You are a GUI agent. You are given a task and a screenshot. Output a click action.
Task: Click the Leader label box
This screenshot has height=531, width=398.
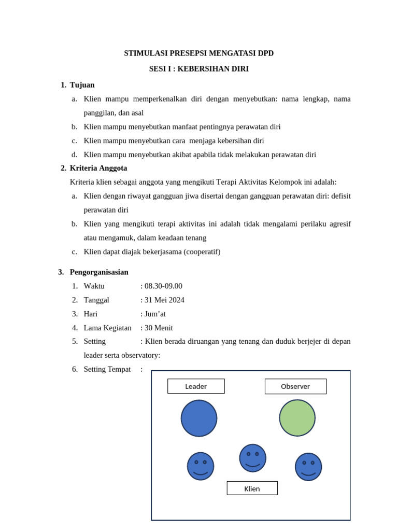(x=196, y=386)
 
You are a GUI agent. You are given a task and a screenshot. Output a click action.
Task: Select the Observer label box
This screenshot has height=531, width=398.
(x=295, y=386)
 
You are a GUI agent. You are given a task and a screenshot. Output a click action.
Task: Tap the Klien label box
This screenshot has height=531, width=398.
(x=252, y=488)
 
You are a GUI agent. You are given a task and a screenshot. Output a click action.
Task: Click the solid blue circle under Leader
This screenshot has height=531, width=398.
(x=199, y=418)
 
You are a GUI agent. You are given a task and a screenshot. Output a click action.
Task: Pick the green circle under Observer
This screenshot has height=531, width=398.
(x=297, y=418)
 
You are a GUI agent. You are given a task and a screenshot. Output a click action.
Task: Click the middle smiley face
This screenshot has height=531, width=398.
(x=252, y=458)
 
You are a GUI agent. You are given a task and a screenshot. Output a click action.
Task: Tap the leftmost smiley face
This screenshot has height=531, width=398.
(x=201, y=466)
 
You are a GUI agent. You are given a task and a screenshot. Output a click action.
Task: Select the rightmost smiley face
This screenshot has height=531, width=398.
(x=308, y=467)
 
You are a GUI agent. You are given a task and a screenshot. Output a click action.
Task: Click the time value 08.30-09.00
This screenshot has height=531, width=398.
(x=163, y=286)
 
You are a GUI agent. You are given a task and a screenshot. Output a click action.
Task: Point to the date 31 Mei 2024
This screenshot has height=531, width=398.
(x=164, y=300)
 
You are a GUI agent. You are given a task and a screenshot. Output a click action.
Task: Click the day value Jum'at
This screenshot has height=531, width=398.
(x=155, y=314)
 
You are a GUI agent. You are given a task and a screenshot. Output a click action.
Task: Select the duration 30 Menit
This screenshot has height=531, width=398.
(x=159, y=328)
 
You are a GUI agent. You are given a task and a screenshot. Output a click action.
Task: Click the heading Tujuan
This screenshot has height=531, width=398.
(x=82, y=85)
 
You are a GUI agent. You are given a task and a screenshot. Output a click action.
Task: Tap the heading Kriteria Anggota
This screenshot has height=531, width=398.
(x=98, y=168)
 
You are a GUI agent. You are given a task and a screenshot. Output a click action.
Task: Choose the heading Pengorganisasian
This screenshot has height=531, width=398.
(x=99, y=272)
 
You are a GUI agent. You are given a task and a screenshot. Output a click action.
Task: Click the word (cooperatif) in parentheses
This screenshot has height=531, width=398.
(x=202, y=252)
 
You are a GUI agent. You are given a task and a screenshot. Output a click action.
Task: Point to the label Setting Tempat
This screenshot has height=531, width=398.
(x=107, y=369)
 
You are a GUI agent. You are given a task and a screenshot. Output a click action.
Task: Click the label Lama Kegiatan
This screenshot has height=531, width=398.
(x=107, y=328)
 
